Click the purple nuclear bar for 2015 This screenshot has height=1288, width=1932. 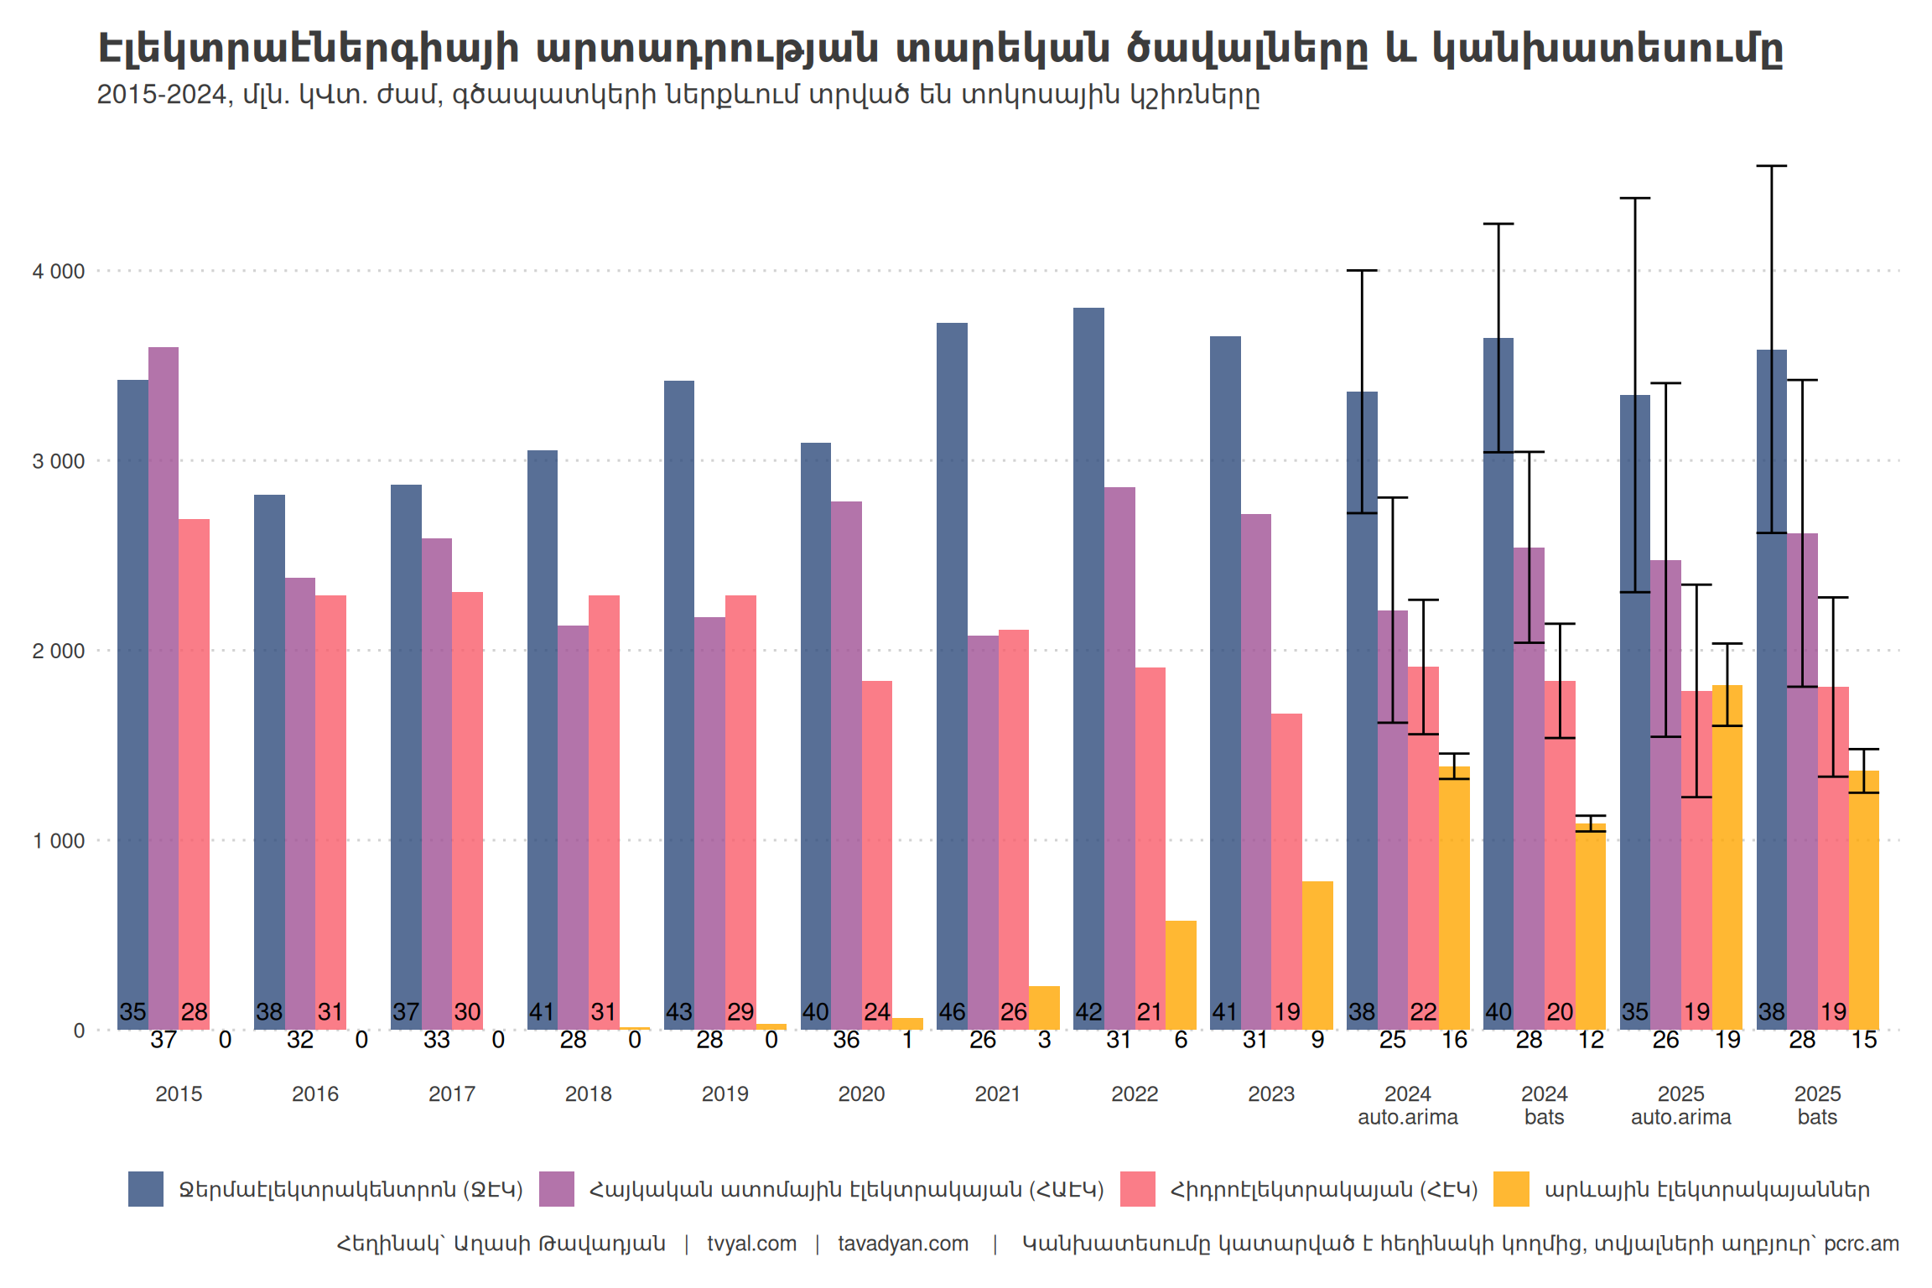(164, 688)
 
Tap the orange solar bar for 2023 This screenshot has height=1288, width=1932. (1317, 955)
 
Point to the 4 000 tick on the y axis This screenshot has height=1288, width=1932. (59, 272)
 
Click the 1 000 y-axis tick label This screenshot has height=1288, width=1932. (59, 841)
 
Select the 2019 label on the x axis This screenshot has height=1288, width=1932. (724, 1094)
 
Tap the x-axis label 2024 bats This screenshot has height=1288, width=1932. (1544, 1105)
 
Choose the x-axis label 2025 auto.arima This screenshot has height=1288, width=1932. (1680, 1105)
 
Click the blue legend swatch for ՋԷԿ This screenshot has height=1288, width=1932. (146, 1189)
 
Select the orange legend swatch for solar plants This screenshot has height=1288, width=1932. (1511, 1189)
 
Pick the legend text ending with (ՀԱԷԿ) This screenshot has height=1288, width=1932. (846, 1190)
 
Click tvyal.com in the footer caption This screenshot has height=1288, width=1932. (751, 1244)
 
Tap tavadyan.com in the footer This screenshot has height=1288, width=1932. (903, 1244)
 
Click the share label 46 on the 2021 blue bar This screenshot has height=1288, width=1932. (952, 1012)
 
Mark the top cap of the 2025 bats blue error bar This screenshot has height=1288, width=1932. (1772, 166)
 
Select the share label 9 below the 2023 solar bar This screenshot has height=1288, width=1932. (1317, 1041)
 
